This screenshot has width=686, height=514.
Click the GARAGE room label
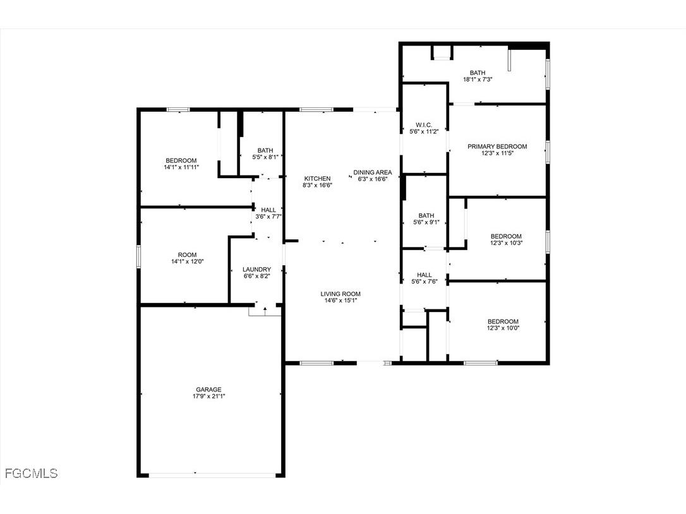pos(208,390)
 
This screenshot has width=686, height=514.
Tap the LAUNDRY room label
pos(257,269)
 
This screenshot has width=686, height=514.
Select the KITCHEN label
pos(317,178)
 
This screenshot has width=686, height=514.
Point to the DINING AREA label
pos(372,172)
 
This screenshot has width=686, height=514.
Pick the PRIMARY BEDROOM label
pos(496,146)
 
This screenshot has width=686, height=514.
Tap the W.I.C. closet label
pos(424,124)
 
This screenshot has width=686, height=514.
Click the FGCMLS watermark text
pos(31,473)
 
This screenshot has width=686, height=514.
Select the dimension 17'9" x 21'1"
pos(208,397)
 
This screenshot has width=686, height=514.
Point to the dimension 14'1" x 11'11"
pos(181,167)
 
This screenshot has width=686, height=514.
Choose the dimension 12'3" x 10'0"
pos(503,328)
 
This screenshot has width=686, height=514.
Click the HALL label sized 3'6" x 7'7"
pos(268,209)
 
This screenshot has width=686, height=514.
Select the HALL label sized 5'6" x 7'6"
pos(424,275)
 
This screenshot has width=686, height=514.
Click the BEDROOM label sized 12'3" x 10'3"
pos(506,236)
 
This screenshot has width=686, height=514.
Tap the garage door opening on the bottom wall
pos(208,474)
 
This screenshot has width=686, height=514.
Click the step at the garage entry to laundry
pos(264,310)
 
